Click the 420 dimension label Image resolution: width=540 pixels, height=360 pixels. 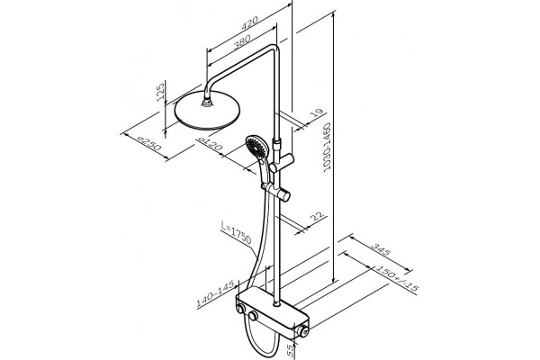[x=249, y=22]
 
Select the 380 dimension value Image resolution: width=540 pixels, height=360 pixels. [x=242, y=42]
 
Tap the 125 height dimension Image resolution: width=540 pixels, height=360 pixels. [x=160, y=93]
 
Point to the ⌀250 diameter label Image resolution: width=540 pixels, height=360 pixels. [x=149, y=144]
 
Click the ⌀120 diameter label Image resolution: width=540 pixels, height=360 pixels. [x=210, y=143]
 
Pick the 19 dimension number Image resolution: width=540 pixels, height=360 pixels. [x=318, y=113]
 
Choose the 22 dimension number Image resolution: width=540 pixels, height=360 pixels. [x=318, y=217]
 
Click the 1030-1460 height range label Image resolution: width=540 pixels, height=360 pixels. [x=328, y=146]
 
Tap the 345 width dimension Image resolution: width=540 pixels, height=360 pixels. [x=381, y=249]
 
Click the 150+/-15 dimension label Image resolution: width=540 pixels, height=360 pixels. [x=396, y=278]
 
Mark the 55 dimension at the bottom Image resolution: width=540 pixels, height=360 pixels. [x=292, y=350]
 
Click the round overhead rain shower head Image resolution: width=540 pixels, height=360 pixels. [x=207, y=111]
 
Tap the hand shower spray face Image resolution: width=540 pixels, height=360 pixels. [x=256, y=146]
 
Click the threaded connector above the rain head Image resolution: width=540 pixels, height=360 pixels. [x=207, y=102]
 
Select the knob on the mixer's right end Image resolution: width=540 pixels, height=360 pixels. [x=302, y=331]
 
